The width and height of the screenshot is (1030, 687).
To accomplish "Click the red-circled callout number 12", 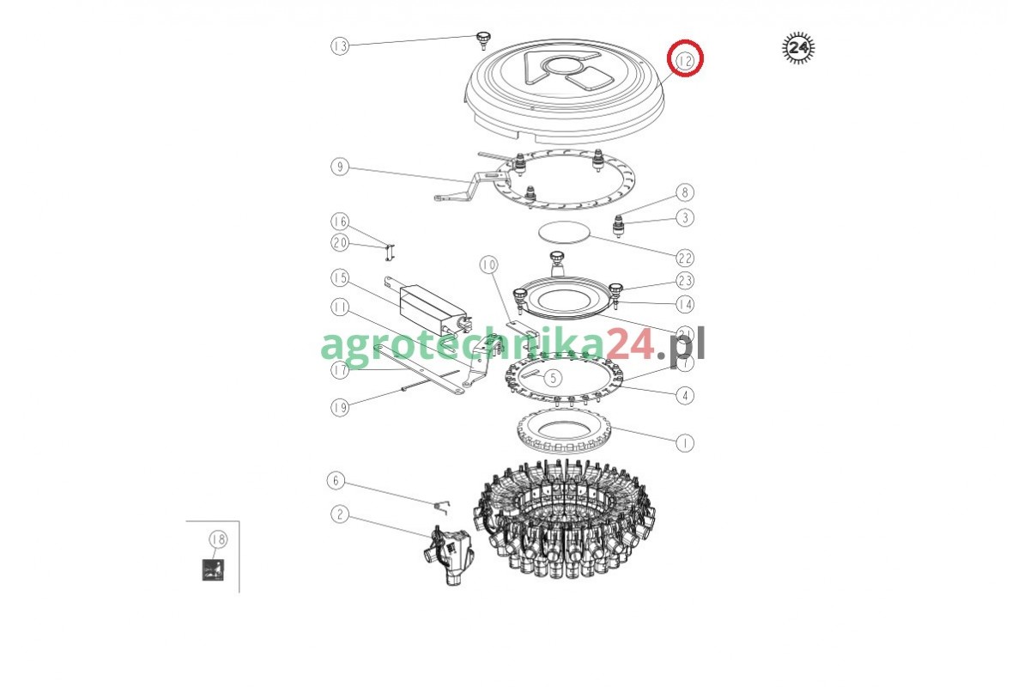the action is point(685,60).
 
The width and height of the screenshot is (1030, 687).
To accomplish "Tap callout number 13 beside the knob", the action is point(340,46).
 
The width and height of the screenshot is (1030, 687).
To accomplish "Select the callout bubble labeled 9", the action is point(340,166).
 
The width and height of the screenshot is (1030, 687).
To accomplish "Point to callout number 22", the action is point(685,258).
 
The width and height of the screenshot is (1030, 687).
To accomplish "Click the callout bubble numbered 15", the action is point(340,277).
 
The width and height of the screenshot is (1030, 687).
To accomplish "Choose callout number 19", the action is point(340,407).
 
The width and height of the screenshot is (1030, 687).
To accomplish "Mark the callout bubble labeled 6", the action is point(336,480).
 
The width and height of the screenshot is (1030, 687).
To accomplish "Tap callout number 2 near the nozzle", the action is point(340,514).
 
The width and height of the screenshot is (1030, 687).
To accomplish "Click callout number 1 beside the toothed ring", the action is point(685,443).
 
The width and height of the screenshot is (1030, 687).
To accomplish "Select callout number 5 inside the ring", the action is point(553,378).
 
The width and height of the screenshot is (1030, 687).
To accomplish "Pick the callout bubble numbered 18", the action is point(218,538).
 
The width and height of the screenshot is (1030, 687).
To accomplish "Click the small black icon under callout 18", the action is point(213,569).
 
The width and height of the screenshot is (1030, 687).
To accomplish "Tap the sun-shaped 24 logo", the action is point(798,47).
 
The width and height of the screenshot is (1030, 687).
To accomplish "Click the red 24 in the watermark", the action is point(629,344).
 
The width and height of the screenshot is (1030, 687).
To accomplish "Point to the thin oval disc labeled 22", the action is point(564,232).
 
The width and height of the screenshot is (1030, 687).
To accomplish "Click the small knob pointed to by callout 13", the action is point(483,40).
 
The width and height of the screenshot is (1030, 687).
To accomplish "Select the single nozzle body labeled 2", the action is point(448,556).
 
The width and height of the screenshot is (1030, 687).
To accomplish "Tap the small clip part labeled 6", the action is point(442,507).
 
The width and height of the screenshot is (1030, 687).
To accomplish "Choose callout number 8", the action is point(685,192).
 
